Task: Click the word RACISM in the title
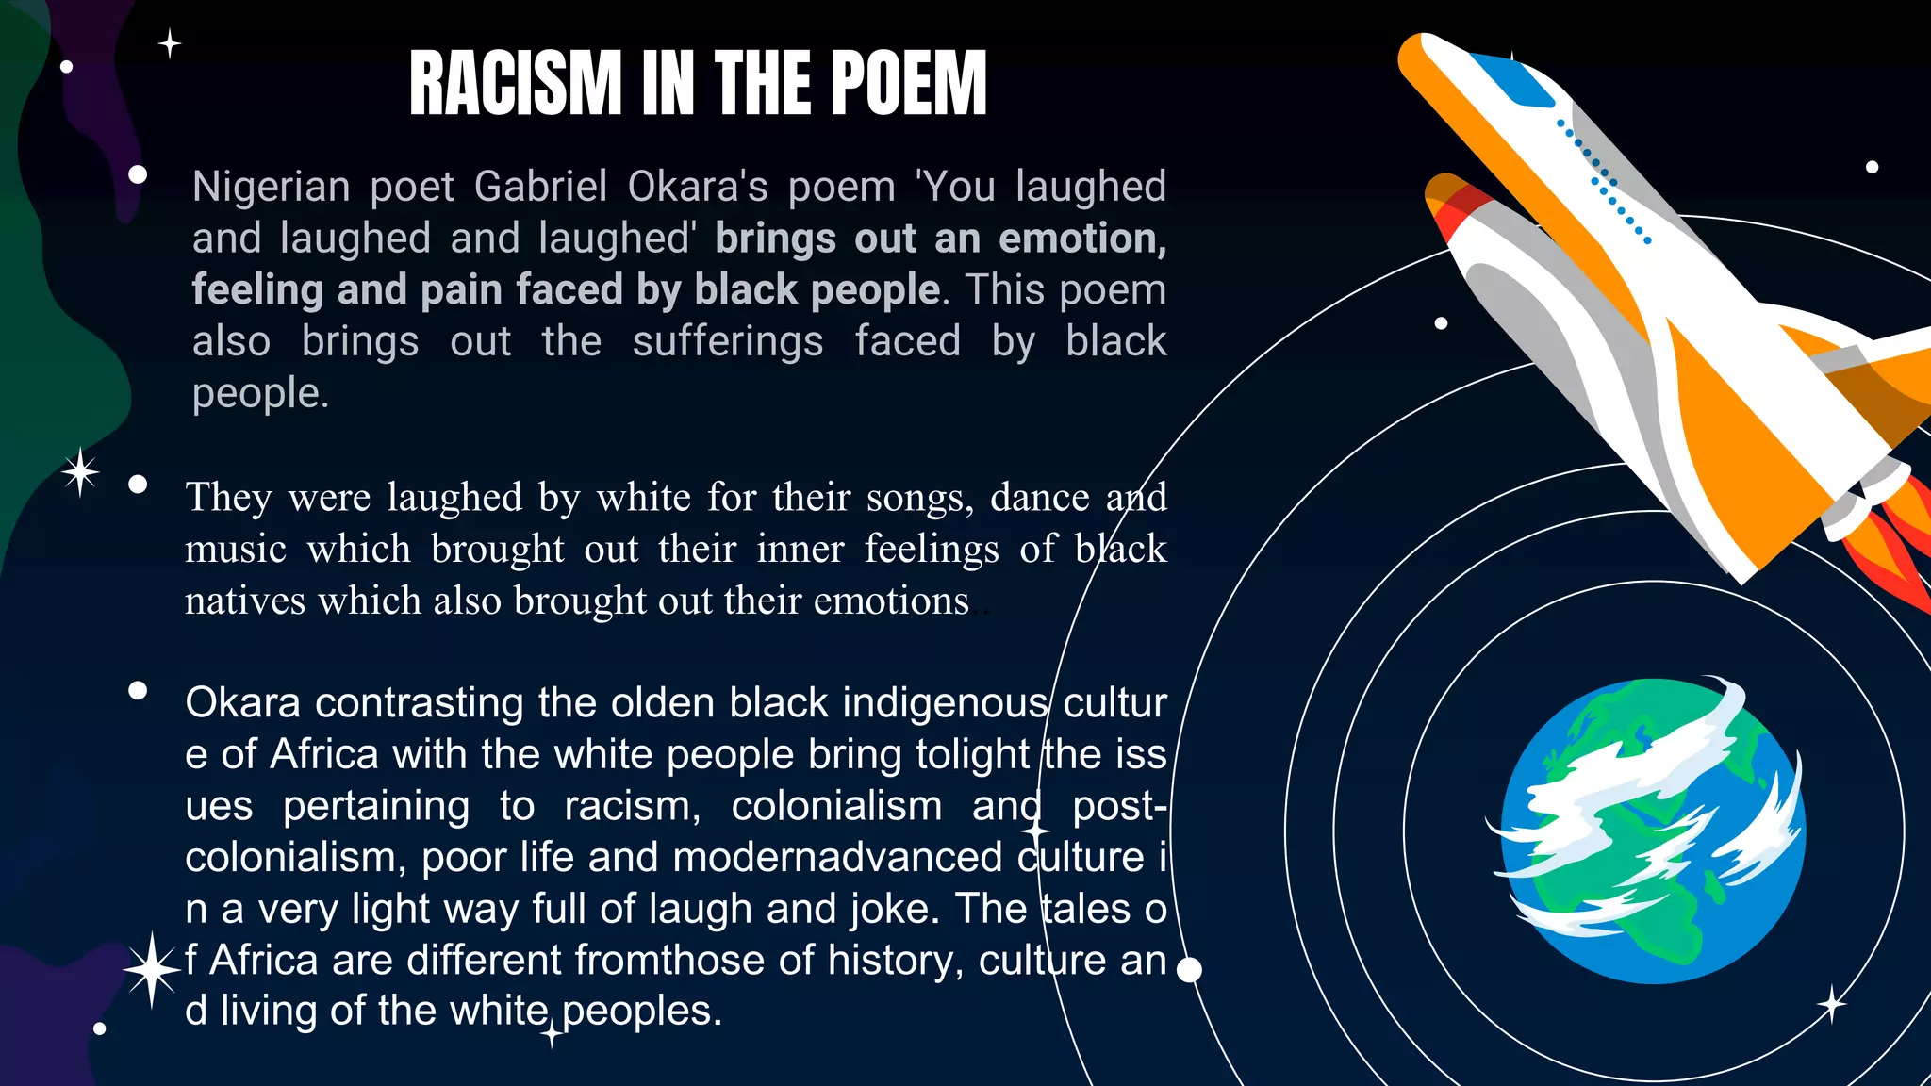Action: [516, 84]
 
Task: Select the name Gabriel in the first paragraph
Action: [540, 187]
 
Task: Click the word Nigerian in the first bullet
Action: [272, 187]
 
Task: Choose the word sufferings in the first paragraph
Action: [728, 341]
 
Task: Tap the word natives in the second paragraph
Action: [245, 601]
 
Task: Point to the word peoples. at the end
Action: [642, 1012]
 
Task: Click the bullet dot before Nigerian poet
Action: [138, 174]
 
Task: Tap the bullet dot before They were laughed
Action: [138, 485]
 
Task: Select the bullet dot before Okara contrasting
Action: [138, 691]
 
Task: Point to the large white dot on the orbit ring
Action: [1190, 969]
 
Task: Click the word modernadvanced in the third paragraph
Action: [837, 858]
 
